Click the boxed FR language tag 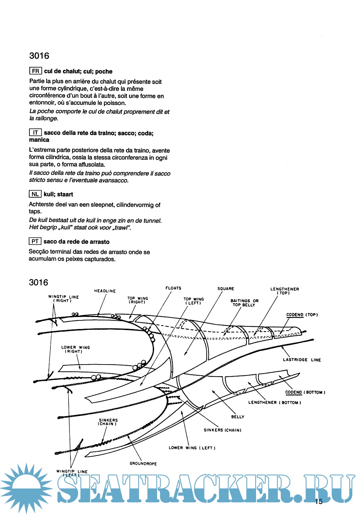click(35, 71)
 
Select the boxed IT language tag click(35, 132)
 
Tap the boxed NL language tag click(35, 194)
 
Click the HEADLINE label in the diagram click(105, 291)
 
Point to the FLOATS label click(173, 288)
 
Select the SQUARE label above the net click(226, 289)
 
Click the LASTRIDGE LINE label click(302, 360)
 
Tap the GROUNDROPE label click(143, 463)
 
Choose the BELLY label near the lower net click(238, 417)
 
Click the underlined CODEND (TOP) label click(302, 315)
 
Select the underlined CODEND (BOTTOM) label click(305, 392)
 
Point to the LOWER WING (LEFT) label click(192, 448)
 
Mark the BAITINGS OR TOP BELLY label click(244, 303)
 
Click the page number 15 click(319, 501)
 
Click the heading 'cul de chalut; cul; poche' click(78, 71)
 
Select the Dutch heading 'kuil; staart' click(58, 194)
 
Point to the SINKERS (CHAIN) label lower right click(222, 430)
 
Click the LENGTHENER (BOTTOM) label click(274, 403)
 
